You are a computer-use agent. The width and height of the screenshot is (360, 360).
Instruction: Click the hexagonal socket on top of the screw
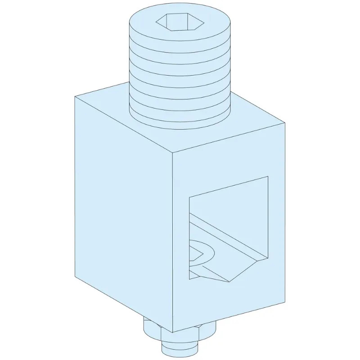[180, 21]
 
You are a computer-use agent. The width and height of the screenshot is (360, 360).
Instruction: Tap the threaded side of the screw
[180, 81]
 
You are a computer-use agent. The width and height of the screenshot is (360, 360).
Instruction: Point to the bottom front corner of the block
[173, 332]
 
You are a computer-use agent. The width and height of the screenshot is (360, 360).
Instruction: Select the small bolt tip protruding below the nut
[180, 349]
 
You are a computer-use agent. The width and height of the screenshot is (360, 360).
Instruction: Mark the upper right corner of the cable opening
[268, 177]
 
